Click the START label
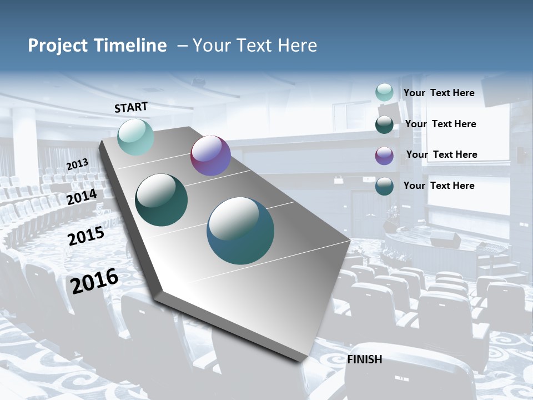click(131, 107)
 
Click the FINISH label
click(365, 359)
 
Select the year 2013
click(77, 164)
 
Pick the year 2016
click(95, 281)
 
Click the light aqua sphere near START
click(135, 137)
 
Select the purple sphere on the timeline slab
click(210, 156)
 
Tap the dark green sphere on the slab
click(162, 200)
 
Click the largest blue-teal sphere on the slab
click(240, 231)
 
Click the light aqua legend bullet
click(384, 92)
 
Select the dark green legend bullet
click(384, 124)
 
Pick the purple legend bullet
click(384, 156)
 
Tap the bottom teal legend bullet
click(384, 186)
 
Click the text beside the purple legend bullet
click(441, 154)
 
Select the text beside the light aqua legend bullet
click(439, 93)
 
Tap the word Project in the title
click(57, 46)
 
